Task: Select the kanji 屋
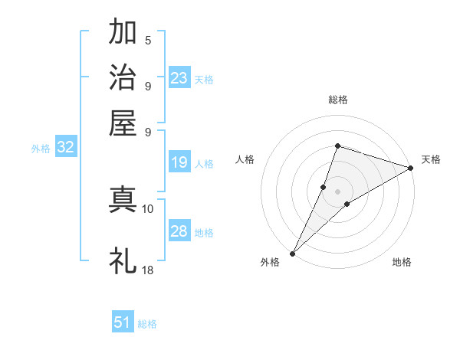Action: [x=123, y=123]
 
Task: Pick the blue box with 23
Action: [x=179, y=78]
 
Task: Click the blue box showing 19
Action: [x=179, y=162]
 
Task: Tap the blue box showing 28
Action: [x=179, y=232]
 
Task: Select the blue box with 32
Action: [x=65, y=148]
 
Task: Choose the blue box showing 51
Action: [x=123, y=322]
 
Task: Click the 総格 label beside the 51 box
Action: [x=147, y=324]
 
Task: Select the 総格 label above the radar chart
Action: [x=337, y=100]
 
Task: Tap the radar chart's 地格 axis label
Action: [x=402, y=262]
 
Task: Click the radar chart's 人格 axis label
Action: [x=245, y=159]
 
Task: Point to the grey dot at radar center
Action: [x=337, y=191]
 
